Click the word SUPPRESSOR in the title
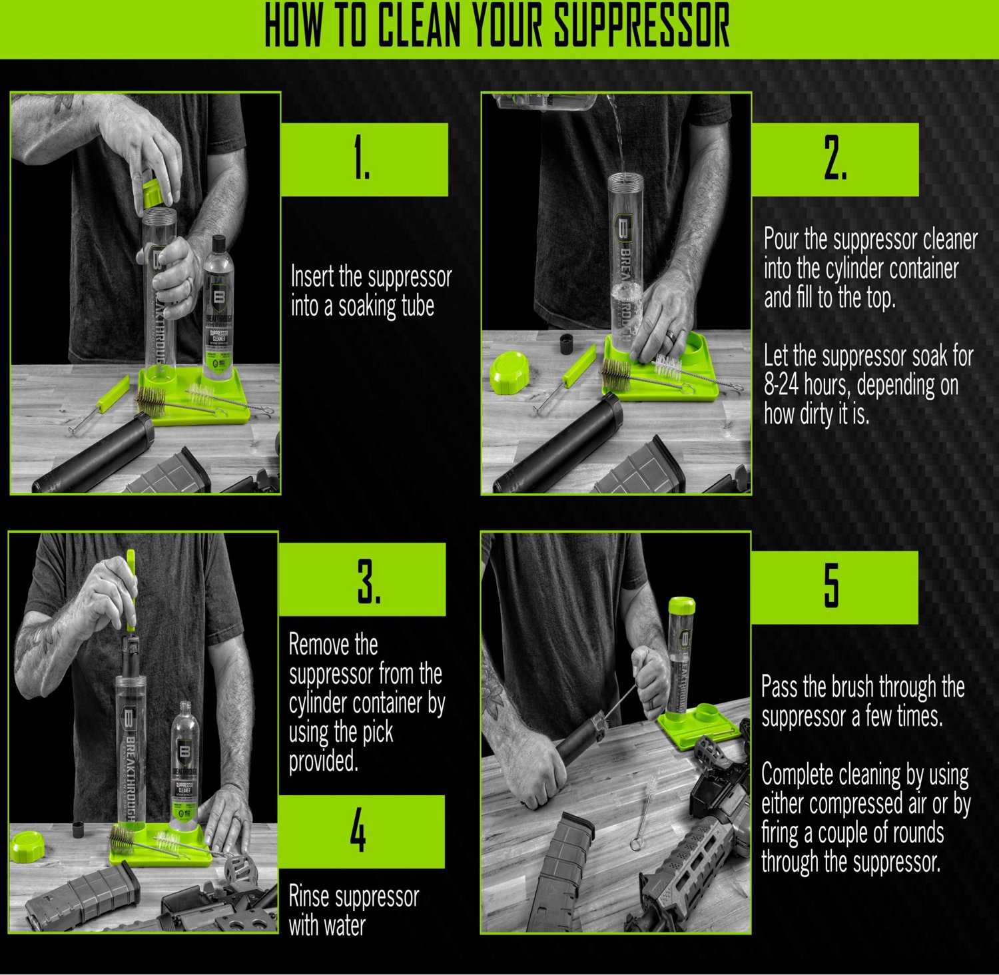point(642,27)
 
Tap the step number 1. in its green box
point(362,159)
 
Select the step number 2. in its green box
point(834,159)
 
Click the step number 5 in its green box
point(832,586)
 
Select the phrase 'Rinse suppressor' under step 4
point(354,897)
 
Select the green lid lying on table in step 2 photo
point(509,370)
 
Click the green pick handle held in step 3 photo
point(131,589)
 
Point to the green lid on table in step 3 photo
point(27,846)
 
